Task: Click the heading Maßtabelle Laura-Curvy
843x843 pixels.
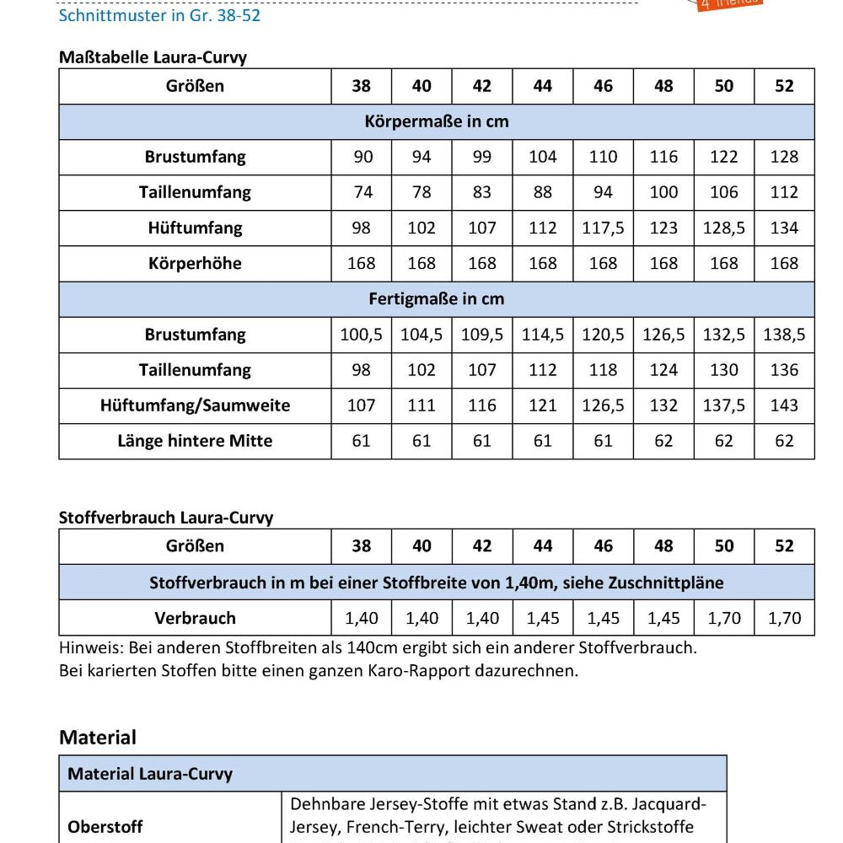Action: [x=153, y=57]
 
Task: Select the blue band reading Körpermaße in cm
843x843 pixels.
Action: [x=437, y=121]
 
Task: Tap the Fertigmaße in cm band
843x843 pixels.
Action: [x=437, y=298]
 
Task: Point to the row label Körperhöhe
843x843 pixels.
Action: [x=195, y=263]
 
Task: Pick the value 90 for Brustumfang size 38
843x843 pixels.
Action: [x=362, y=157]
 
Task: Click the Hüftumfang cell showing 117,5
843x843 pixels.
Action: [x=603, y=228]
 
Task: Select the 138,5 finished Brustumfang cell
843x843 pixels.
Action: [x=784, y=335]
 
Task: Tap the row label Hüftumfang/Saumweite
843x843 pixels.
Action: [x=195, y=405]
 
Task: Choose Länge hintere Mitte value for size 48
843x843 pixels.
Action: [x=663, y=441]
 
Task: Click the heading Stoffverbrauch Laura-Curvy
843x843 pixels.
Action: [x=166, y=518]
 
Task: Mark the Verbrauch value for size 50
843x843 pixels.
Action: [x=724, y=618]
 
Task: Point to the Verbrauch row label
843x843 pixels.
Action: [x=195, y=618]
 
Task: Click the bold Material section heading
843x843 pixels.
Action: [x=98, y=738]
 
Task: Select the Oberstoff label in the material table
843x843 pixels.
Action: [x=105, y=827]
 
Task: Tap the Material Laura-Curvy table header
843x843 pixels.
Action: [x=150, y=774]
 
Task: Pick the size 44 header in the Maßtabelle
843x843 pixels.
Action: [x=543, y=86]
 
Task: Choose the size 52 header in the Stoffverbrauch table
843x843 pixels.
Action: [x=784, y=546]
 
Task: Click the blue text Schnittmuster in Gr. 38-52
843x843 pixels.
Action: [x=159, y=15]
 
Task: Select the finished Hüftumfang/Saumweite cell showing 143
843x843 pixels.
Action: [x=784, y=405]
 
